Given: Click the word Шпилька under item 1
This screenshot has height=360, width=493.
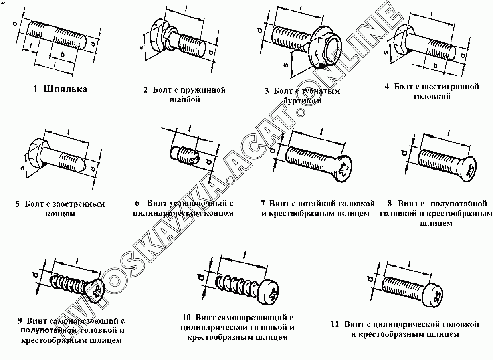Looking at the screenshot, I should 65,89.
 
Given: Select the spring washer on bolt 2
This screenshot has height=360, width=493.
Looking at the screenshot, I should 170,38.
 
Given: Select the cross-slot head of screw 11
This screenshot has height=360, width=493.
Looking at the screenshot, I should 435,297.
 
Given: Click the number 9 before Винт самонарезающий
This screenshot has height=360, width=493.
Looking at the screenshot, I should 20,320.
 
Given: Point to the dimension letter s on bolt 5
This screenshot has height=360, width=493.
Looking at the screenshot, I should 22,167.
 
